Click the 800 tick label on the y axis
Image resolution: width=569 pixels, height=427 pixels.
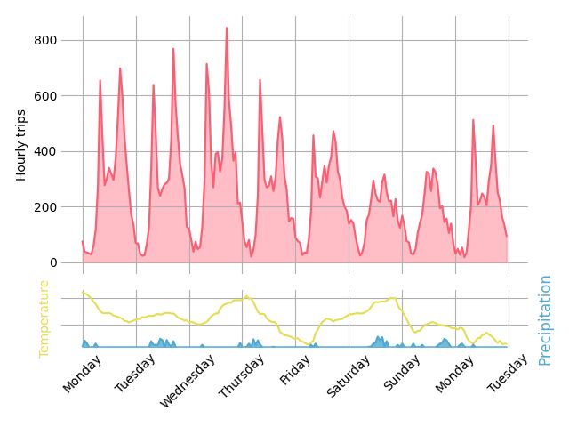tap(46, 40)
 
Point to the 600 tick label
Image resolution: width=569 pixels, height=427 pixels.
tap(46, 96)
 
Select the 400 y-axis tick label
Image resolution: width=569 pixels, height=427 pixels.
tap(46, 151)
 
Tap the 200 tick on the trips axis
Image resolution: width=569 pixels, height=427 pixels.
tap(46, 207)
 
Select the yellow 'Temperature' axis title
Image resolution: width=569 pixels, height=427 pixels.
tap(44, 318)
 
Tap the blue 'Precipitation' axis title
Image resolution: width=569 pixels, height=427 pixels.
tap(545, 319)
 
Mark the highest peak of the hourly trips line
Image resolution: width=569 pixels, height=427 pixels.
tap(227, 28)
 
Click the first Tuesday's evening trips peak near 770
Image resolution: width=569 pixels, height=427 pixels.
tap(173, 49)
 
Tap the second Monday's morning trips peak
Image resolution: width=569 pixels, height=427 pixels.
tap(473, 120)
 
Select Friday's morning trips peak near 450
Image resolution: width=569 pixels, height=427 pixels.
tap(313, 135)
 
